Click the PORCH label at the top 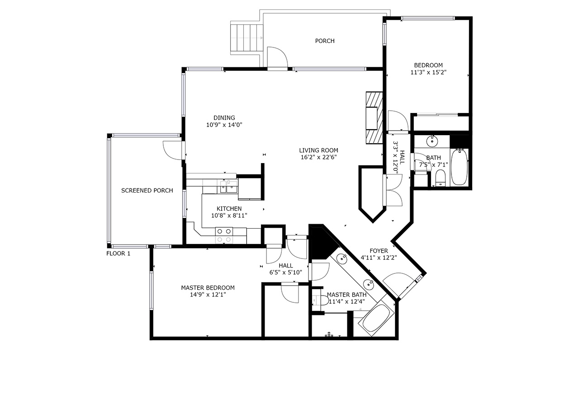(x=325, y=41)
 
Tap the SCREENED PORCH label (x=147, y=191)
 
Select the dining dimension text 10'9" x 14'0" (x=224, y=125)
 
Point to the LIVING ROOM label (x=319, y=150)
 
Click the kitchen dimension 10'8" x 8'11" (x=229, y=215)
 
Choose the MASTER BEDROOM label (x=208, y=287)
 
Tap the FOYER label (x=379, y=251)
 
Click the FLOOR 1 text (x=119, y=254)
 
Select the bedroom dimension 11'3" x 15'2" (x=428, y=72)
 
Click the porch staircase (x=247, y=38)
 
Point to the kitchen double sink (x=228, y=187)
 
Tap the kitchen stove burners (x=224, y=235)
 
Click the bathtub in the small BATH (x=459, y=167)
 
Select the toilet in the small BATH (x=441, y=178)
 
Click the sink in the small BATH (x=432, y=141)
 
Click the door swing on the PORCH (x=277, y=57)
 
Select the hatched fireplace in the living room (x=374, y=118)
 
